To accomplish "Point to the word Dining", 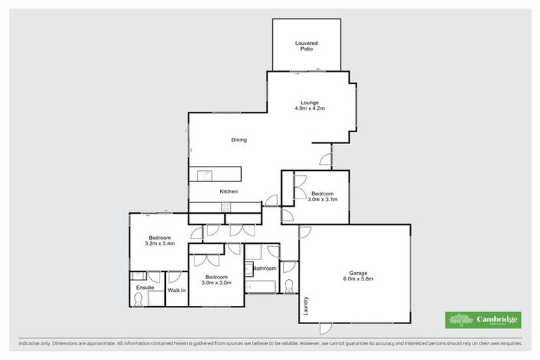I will [239, 140].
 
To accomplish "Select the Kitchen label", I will [229, 191].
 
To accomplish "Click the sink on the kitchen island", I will [207, 174].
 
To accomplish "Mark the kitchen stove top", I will [226, 207].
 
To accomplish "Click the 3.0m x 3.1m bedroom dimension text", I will [323, 200].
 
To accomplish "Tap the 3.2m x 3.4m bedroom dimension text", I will [160, 244].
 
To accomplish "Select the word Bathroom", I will [264, 269].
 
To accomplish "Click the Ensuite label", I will [144, 288].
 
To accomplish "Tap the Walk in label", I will [176, 290].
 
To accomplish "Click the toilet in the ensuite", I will [139, 300].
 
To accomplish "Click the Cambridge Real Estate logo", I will [483, 320].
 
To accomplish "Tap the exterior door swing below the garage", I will [326, 328].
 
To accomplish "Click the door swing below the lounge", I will [325, 159].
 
